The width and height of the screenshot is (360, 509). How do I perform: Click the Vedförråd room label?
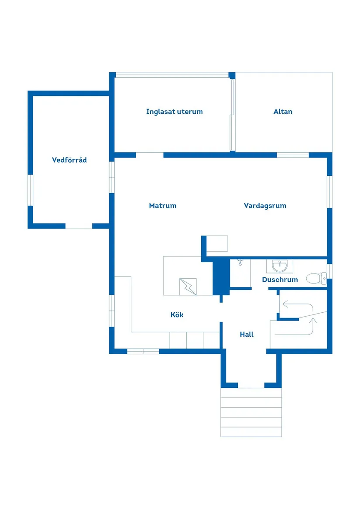pos(69,160)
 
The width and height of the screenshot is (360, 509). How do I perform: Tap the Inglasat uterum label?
pos(174,112)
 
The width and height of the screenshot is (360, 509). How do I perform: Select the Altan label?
pos(283,112)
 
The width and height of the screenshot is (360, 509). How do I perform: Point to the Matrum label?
pos(162,205)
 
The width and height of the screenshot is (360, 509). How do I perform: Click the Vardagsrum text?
pos(265,205)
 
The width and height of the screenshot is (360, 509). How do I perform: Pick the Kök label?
pos(177,314)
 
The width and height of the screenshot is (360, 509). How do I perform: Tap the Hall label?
pos(247,335)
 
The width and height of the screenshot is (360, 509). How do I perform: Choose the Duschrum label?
pos(280,280)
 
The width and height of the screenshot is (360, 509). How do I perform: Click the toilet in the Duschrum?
pos(316,278)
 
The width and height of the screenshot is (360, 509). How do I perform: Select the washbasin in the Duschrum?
pos(279,266)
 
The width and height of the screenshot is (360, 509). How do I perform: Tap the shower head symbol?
pos(240,262)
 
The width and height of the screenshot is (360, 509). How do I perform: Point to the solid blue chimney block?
pos(221,277)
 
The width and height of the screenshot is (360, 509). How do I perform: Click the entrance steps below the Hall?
pos(251,412)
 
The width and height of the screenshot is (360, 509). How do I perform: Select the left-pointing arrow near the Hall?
pos(286,304)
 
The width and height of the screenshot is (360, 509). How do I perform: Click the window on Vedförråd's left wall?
pos(31,190)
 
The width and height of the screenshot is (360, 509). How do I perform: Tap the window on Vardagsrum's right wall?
pos(330,191)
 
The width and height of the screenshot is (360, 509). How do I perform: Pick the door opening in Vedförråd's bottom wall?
pos(79,226)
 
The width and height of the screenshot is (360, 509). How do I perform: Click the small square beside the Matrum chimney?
pos(217,243)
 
